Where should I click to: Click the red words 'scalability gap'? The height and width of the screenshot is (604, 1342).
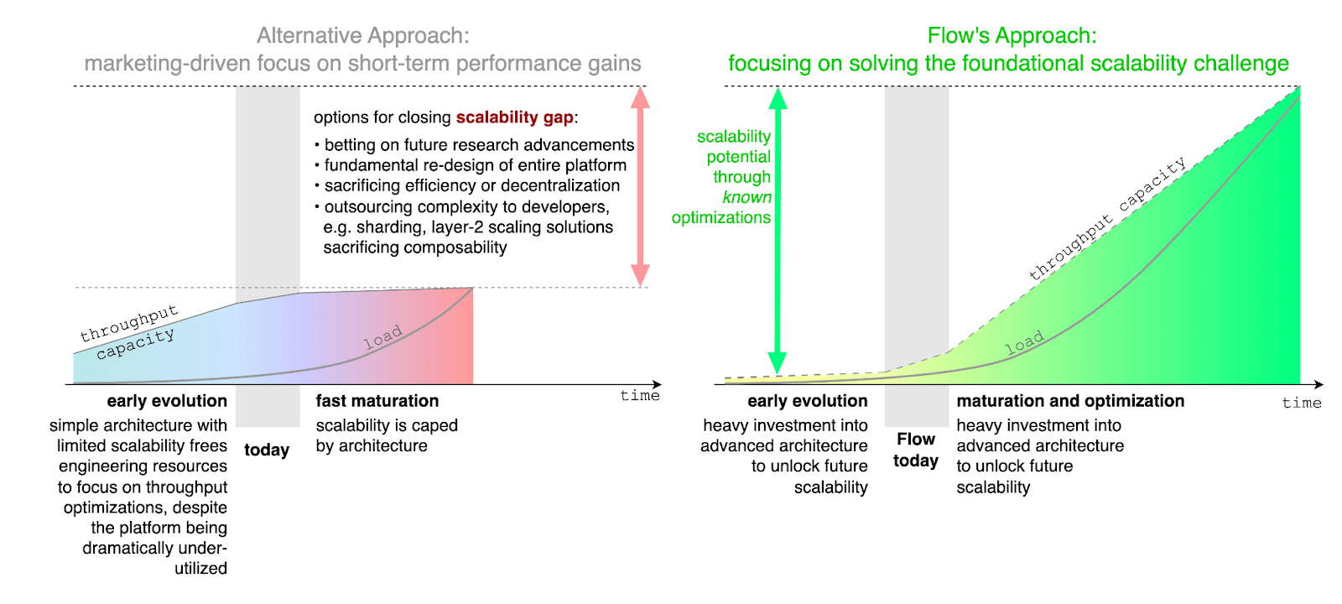click(514, 117)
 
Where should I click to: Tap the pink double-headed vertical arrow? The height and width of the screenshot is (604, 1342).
click(640, 186)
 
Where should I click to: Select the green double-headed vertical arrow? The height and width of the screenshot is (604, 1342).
click(778, 231)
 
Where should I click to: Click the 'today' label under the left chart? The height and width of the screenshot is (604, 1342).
click(267, 450)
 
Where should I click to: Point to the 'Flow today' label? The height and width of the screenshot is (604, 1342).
click(916, 450)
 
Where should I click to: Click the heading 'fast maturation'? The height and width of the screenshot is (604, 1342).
click(377, 401)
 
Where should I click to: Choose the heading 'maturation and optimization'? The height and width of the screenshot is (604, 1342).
click(1070, 401)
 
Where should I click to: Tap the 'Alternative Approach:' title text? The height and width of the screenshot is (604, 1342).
click(362, 36)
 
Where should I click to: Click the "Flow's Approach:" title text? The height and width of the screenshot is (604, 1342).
click(1012, 36)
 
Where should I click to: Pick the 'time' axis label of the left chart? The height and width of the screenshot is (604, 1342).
click(640, 396)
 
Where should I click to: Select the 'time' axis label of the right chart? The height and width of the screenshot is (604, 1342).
click(1302, 404)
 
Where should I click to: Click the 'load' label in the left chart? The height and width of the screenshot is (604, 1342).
click(383, 337)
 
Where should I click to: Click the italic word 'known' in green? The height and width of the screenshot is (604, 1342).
click(746, 197)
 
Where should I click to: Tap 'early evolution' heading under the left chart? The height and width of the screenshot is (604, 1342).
click(167, 401)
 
